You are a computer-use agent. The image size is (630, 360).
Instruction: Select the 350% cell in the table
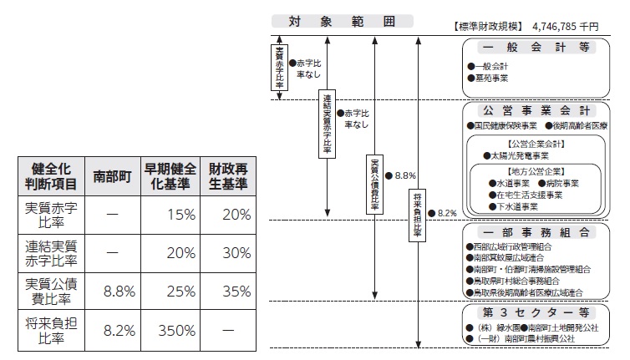click(x=171, y=330)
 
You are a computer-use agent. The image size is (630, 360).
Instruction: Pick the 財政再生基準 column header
click(x=228, y=176)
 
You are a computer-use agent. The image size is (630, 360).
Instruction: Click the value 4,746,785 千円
click(x=570, y=25)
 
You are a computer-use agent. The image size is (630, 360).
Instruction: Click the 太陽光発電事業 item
click(x=519, y=155)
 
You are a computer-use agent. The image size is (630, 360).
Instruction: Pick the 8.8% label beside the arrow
click(x=404, y=175)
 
